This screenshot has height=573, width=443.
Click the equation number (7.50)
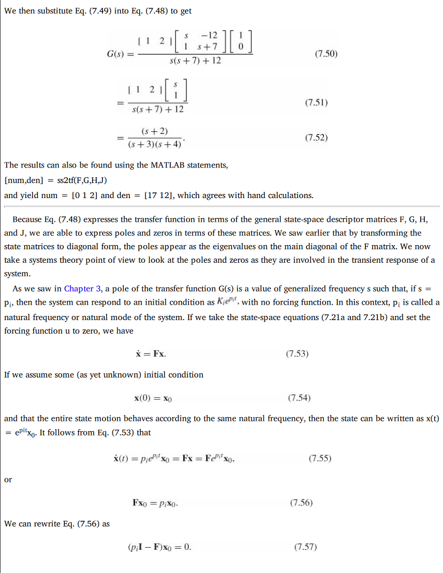[326, 54]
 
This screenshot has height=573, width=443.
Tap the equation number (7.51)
[316, 102]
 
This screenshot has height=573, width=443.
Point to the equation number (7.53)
[297, 354]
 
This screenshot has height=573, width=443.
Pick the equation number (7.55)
[319, 458]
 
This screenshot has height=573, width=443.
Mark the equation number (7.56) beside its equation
[301, 502]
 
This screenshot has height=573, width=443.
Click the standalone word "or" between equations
[8, 479]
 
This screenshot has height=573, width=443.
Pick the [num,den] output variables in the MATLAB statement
[23, 180]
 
